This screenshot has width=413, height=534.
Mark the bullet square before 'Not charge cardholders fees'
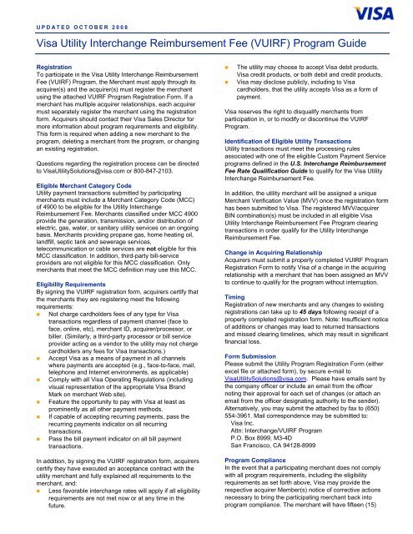[x=29, y=287]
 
